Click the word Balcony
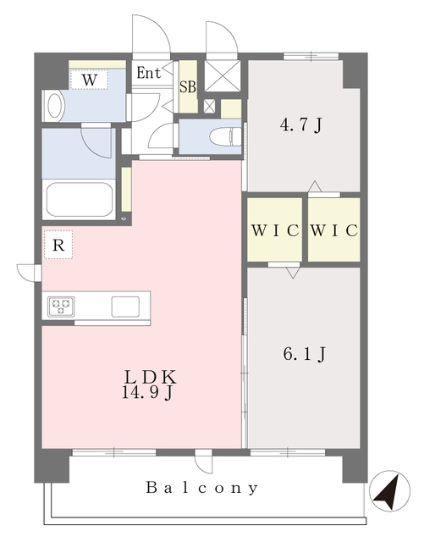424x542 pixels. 201,489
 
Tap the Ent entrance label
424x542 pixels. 149,73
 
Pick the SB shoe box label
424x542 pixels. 187,86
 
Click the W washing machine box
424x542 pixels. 89,80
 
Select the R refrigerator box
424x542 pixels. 58,245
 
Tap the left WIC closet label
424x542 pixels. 273,230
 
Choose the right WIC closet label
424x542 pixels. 334,230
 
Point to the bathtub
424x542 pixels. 80,200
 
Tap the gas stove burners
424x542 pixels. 61,306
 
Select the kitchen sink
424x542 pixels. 126,306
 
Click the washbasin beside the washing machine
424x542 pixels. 52,106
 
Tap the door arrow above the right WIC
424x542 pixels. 314,185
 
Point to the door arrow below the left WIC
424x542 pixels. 292,274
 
